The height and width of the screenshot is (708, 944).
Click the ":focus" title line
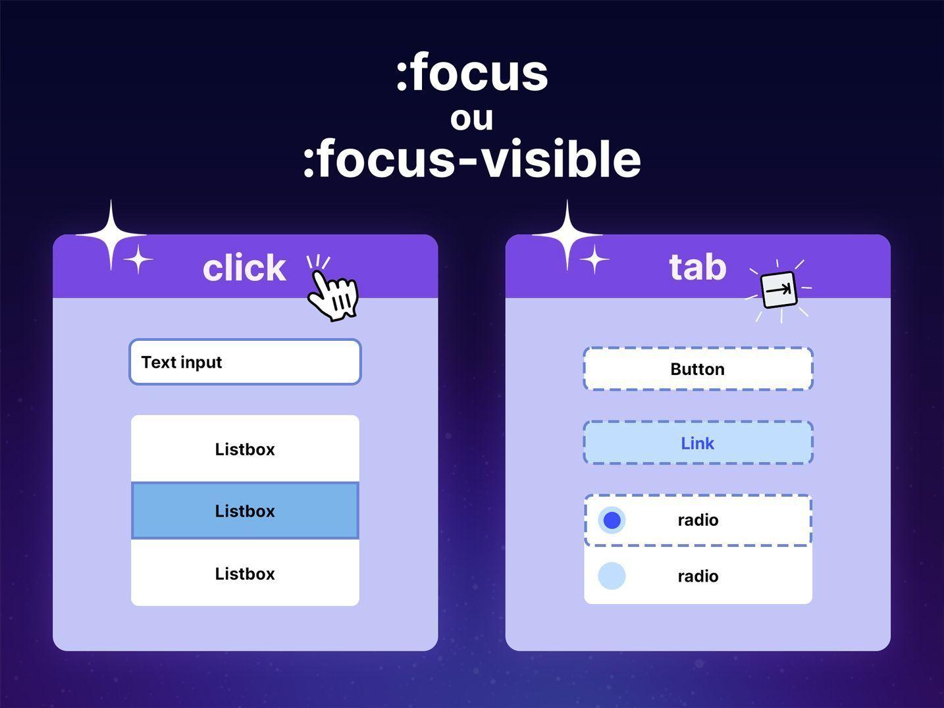coord(472,72)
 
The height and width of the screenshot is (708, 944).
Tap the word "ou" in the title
coord(472,119)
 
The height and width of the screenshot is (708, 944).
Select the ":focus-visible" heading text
coord(472,158)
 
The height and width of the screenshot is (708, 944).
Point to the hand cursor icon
coord(332,295)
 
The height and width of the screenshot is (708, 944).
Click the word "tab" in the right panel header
coord(698,267)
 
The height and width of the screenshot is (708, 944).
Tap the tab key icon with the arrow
coord(779,290)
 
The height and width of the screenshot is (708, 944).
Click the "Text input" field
coord(245,362)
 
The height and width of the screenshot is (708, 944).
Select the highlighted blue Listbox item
coord(245,511)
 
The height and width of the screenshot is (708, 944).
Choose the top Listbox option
coord(245,449)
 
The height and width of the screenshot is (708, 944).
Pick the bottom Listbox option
coord(245,573)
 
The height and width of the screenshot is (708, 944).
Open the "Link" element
coord(698,443)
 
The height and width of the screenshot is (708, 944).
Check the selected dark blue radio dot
coord(612,520)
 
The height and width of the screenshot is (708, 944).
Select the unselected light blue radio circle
coord(612,576)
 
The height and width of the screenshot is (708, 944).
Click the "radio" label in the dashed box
coord(698,520)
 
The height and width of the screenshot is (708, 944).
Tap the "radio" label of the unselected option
coord(698,576)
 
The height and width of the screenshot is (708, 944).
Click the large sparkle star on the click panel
coord(111,235)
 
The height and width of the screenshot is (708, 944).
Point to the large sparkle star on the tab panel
coord(567,235)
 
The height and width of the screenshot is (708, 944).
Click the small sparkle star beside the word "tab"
coord(594,259)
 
